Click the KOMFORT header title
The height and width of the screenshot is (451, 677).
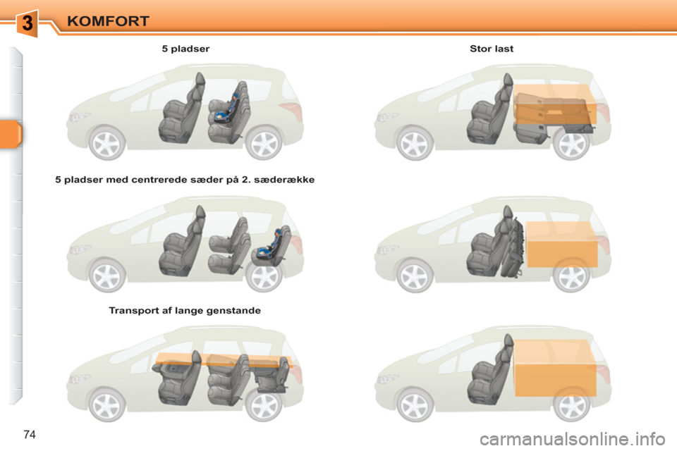coord(109,20)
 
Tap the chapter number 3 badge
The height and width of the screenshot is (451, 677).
coord(27,23)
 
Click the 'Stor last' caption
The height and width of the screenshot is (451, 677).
coord(492,49)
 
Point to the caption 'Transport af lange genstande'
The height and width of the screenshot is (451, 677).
coord(185,310)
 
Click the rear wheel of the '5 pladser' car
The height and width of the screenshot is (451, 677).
coord(265,143)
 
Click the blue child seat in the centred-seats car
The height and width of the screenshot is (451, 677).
coord(272,244)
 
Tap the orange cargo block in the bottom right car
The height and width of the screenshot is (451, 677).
coord(556,368)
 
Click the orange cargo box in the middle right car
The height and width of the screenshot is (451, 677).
coord(561,244)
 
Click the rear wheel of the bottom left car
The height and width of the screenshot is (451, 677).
coord(265,405)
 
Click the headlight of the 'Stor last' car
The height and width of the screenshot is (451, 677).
coord(386,117)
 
